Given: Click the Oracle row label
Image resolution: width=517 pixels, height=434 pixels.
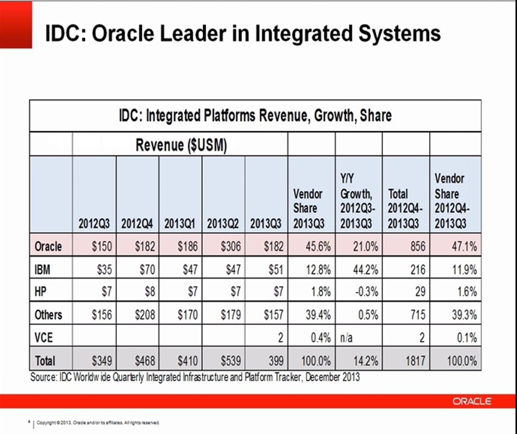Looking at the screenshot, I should (x=48, y=247).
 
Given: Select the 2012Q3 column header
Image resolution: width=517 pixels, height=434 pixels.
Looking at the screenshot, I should (x=94, y=224).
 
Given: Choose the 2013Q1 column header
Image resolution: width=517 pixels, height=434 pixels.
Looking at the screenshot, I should (x=179, y=224).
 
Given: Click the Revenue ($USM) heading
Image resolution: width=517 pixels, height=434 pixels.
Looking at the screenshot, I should (x=181, y=146).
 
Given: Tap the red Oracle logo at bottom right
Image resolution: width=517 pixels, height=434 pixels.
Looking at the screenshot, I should (x=472, y=401).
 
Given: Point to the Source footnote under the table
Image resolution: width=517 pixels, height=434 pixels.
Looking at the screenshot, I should (x=195, y=377).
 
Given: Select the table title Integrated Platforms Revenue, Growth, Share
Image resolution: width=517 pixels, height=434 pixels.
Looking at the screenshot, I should (x=255, y=115).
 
